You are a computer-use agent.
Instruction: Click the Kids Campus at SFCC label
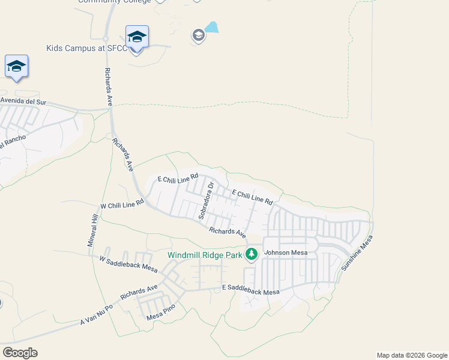pos(86,48)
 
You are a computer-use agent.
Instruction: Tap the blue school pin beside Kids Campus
pos(137,37)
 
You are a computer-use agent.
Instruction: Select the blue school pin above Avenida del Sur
pos(16,67)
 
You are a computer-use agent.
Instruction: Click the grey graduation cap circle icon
pos(198,36)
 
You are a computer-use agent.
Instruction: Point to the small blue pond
pos(211,27)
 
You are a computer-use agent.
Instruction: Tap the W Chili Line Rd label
pos(122,205)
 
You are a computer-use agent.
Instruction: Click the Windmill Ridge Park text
pos(205,255)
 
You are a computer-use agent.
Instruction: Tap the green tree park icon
pos(252,255)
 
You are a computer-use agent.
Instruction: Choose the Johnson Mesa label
pos(286,253)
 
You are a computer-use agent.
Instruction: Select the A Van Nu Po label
pos(97,315)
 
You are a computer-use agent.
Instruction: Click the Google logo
pos(20,353)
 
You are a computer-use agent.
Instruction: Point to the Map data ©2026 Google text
pos(411,355)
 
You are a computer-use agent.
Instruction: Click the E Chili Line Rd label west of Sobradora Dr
pos(178,178)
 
